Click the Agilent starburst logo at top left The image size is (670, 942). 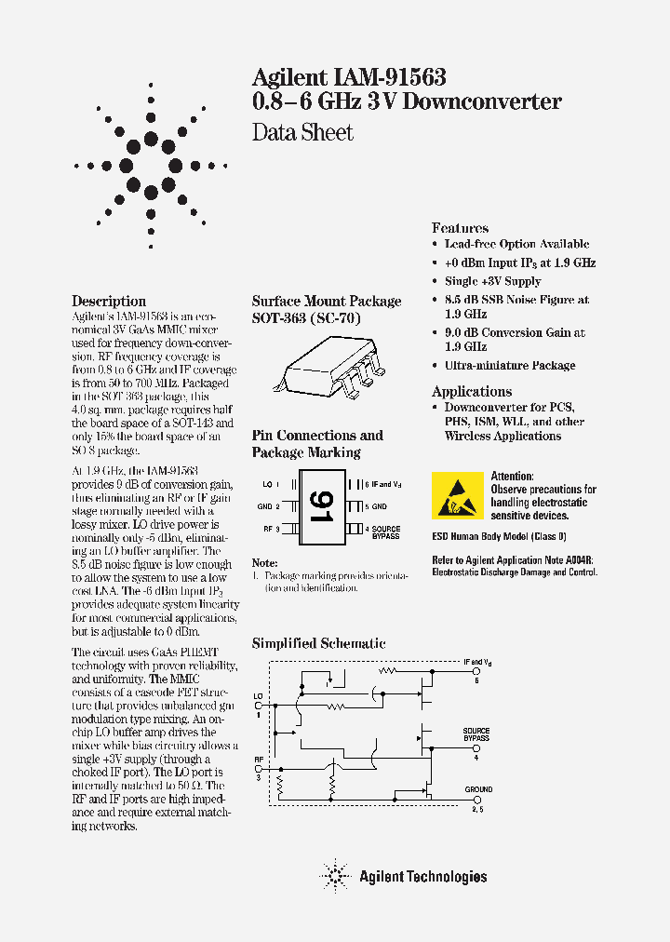[151, 168]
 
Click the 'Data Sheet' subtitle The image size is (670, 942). [302, 132]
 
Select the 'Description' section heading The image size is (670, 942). [109, 302]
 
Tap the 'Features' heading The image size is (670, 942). [460, 228]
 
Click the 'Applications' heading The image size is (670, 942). [472, 392]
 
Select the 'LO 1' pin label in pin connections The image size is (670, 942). [271, 484]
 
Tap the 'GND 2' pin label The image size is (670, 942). [269, 506]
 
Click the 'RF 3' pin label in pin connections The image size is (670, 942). [271, 529]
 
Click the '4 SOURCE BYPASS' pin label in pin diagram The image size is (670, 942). [382, 532]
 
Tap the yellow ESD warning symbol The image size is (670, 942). [457, 495]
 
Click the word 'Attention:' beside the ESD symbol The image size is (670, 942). [512, 477]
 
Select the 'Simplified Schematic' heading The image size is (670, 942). [318, 643]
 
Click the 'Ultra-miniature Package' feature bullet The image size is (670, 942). [509, 366]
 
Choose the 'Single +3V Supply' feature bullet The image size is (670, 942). [492, 281]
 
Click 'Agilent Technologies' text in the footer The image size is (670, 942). [422, 876]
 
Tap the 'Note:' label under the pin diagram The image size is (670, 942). [265, 563]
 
